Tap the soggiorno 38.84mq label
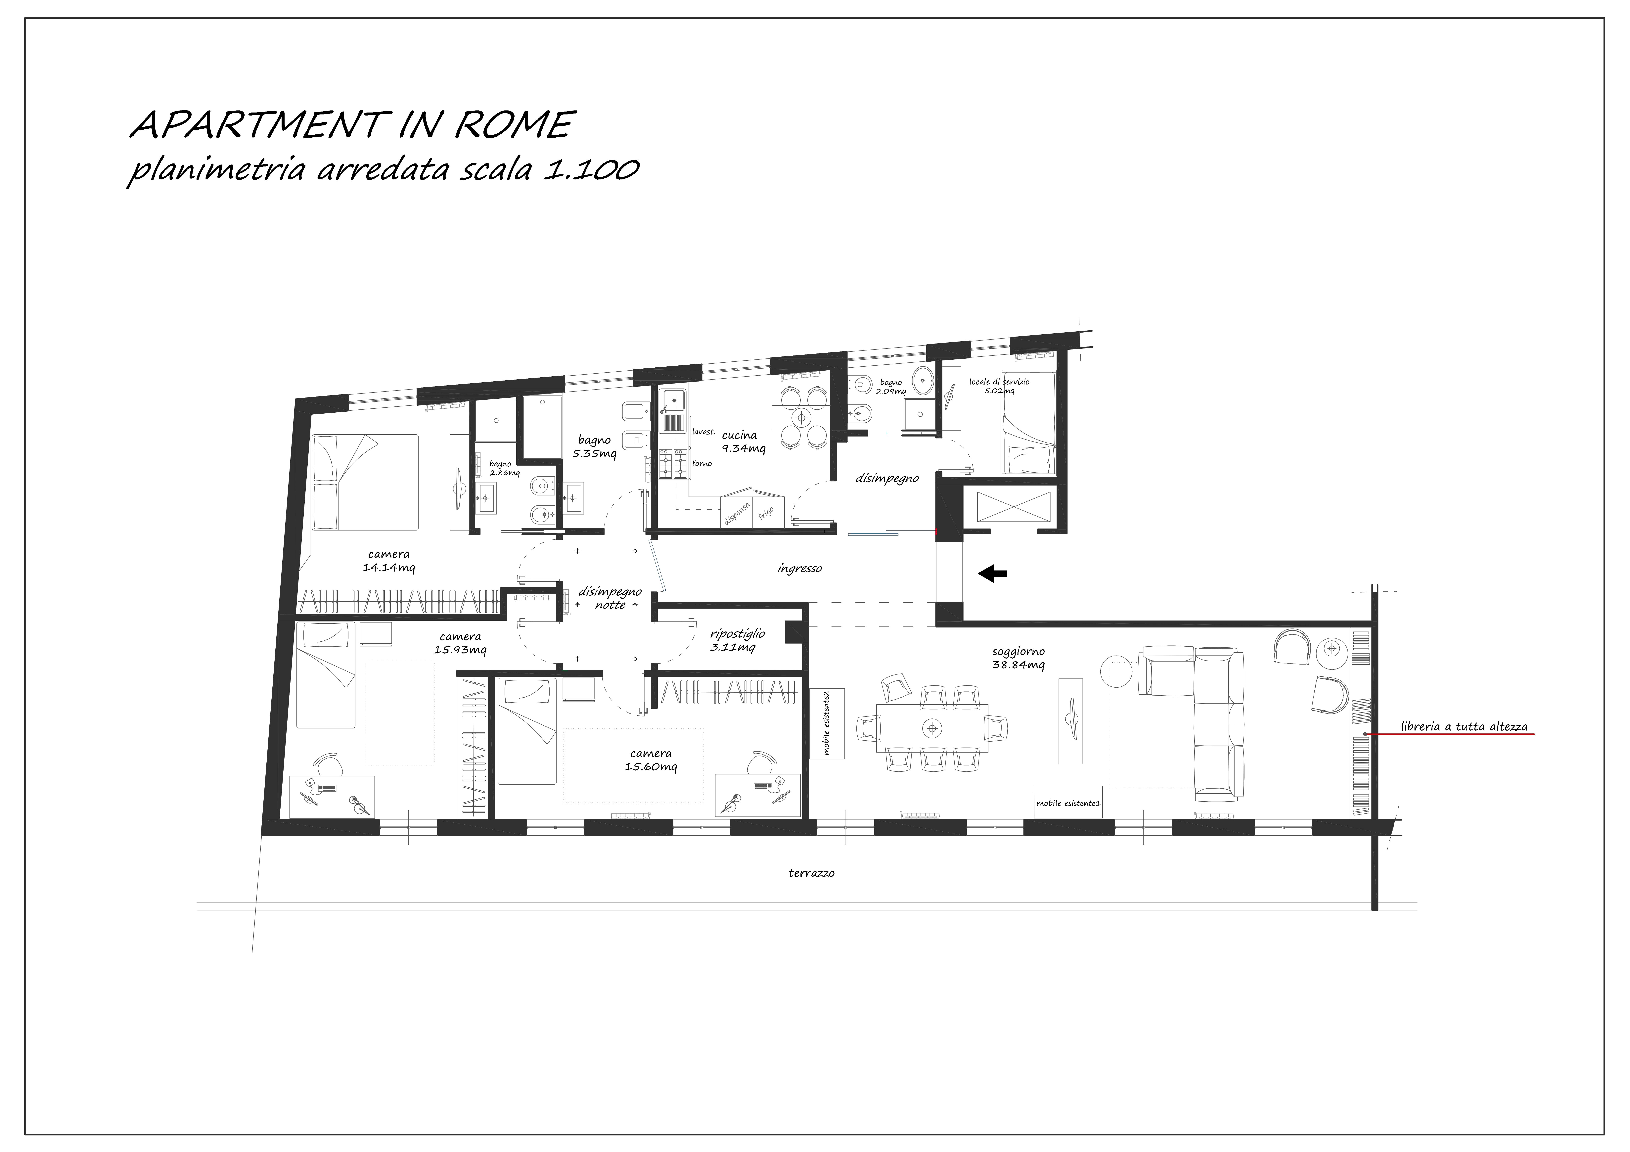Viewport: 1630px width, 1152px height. [x=1018, y=658]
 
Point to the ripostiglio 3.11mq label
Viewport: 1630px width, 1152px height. [x=737, y=640]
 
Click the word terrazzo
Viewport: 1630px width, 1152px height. [x=811, y=873]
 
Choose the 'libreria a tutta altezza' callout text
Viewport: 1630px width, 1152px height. [x=1464, y=726]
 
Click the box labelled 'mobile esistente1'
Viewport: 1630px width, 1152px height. [x=1068, y=802]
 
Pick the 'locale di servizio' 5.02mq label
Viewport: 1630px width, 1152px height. [x=999, y=385]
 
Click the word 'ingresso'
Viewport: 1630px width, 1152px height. [x=799, y=569]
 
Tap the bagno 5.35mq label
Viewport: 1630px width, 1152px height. [x=594, y=446]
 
